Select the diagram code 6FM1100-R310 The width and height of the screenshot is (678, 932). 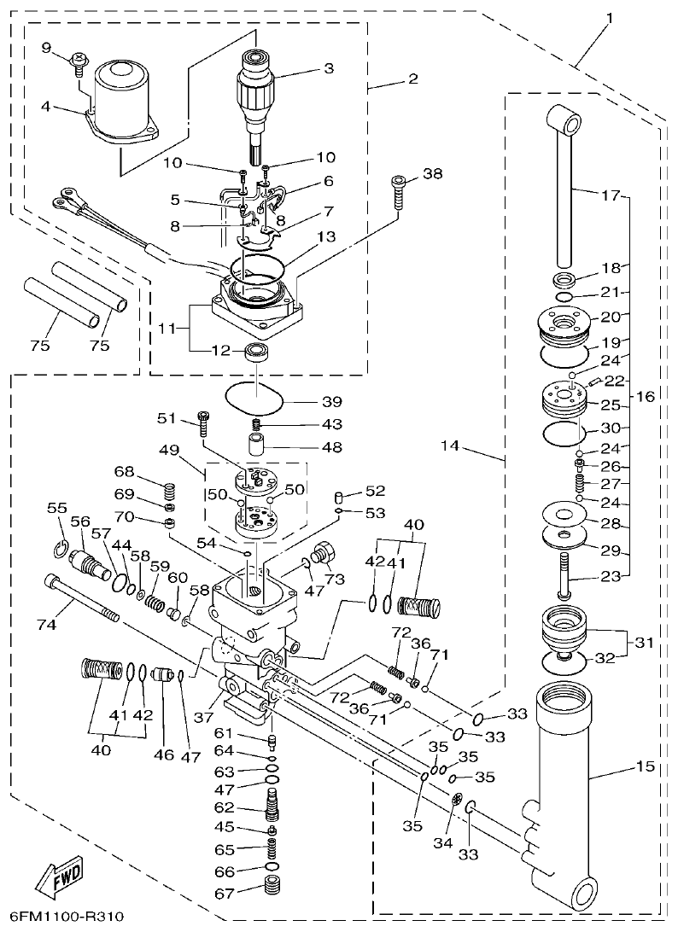[63, 917]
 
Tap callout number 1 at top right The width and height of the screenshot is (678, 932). [610, 17]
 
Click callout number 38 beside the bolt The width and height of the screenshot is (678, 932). [433, 173]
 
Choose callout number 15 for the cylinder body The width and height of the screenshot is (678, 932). [645, 767]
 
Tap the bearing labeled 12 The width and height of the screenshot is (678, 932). [254, 351]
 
